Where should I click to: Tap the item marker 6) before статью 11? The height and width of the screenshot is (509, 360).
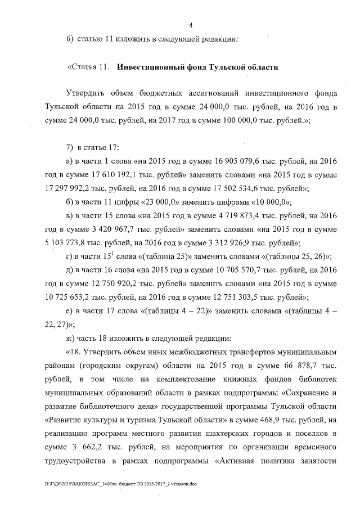(x=70, y=39)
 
